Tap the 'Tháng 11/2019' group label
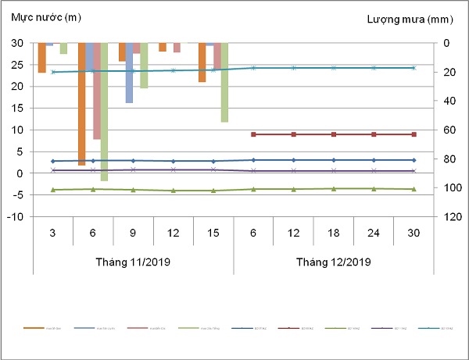133,261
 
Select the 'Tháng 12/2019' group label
333,261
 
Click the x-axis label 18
333,232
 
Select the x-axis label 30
414,232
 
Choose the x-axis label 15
213,232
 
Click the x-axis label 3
52,232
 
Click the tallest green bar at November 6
104,112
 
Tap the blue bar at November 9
129,73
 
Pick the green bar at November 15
224,82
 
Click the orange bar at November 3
42,58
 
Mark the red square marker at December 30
414,134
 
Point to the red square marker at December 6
253,134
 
